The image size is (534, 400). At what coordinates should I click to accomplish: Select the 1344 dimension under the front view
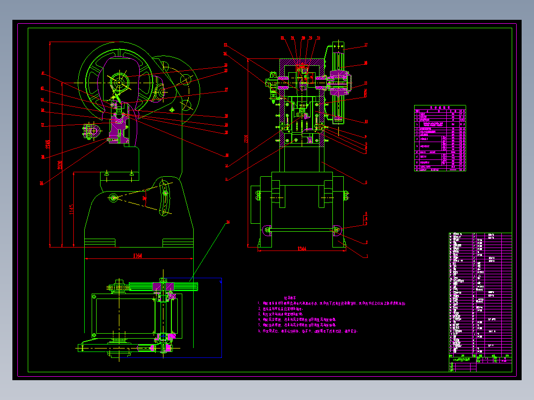(301, 249)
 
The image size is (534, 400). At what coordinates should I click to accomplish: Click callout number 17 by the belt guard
(366, 45)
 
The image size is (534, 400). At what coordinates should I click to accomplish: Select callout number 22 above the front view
(282, 38)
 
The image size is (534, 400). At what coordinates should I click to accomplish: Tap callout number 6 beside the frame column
(366, 183)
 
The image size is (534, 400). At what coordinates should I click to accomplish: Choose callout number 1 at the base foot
(366, 256)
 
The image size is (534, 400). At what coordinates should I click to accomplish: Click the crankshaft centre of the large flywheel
(119, 81)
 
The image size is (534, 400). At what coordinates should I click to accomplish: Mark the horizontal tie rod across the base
(301, 229)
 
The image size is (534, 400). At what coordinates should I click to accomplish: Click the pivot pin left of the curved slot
(113, 198)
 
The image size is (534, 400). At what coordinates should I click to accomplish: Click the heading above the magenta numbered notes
(290, 298)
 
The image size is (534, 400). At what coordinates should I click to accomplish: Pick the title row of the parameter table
(440, 107)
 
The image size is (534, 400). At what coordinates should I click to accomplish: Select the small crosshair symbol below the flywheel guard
(172, 109)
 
